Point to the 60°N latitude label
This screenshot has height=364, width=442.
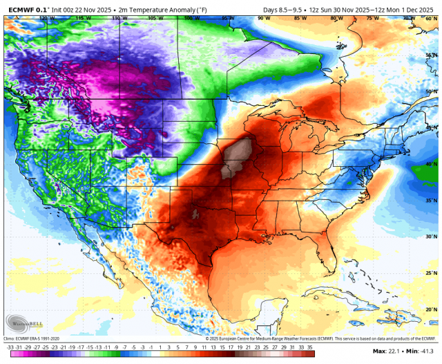tap(430, 19)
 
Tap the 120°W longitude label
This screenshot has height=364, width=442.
tap(46, 19)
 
